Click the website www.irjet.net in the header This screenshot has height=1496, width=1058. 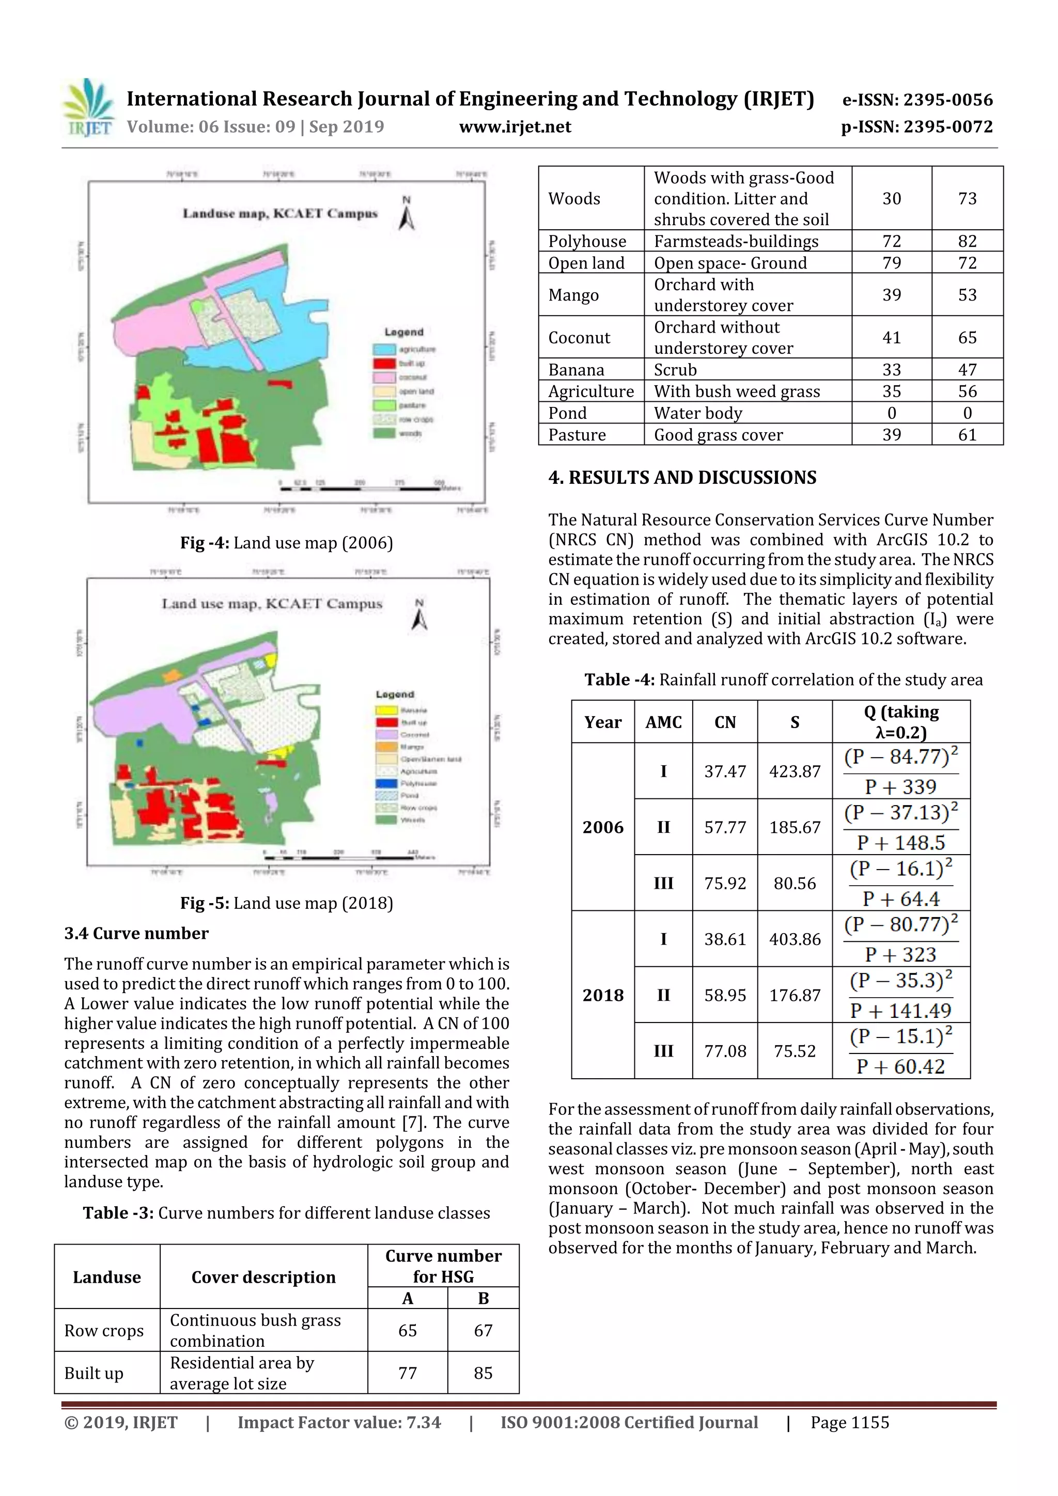coord(515,127)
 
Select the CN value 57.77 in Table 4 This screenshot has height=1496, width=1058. coord(724,827)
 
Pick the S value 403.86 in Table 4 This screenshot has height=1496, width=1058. coord(794,939)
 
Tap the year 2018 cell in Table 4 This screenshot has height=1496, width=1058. coord(602,995)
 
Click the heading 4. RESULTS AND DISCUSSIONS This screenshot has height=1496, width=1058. coord(682,478)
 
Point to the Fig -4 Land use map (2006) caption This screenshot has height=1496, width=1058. coord(286,543)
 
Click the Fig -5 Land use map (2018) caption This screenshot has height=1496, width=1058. coord(286,903)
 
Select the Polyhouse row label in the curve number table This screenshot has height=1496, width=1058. coord(587,241)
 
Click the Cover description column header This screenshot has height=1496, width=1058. coord(263,1277)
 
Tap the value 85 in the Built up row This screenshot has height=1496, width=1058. coord(483,1373)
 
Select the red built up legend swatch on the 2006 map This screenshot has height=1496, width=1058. coord(384,363)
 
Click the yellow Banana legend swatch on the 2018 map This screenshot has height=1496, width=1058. coord(386,710)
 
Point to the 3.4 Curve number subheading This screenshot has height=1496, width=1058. coord(136,933)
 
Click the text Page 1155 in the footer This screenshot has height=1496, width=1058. coord(849,1422)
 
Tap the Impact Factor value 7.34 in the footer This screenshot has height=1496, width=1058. coord(339,1422)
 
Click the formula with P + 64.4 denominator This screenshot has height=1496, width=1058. coord(901,883)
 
